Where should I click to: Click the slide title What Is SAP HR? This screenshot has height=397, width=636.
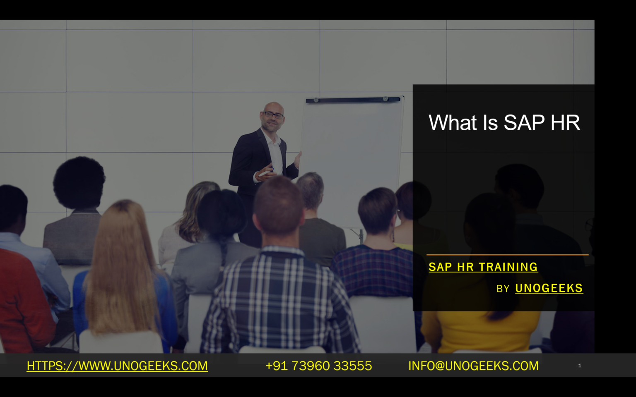point(504,123)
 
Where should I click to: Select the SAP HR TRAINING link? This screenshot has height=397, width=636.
point(483,267)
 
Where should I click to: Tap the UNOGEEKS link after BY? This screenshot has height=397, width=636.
point(549,288)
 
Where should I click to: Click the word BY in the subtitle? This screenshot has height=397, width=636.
point(503,289)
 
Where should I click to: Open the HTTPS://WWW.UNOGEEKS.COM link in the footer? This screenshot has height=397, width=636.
point(117,366)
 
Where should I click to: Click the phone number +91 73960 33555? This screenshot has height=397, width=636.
point(318,366)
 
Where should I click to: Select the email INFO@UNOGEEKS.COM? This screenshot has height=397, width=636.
point(473,366)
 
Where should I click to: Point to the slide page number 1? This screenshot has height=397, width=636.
point(580,366)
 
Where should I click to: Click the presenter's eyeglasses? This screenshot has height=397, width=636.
point(274,115)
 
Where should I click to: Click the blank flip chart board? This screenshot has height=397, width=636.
point(352,157)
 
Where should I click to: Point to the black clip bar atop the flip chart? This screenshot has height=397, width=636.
point(353,100)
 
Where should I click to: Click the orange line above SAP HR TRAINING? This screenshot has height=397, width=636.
point(507,255)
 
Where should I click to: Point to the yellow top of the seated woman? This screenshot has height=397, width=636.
point(480,331)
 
